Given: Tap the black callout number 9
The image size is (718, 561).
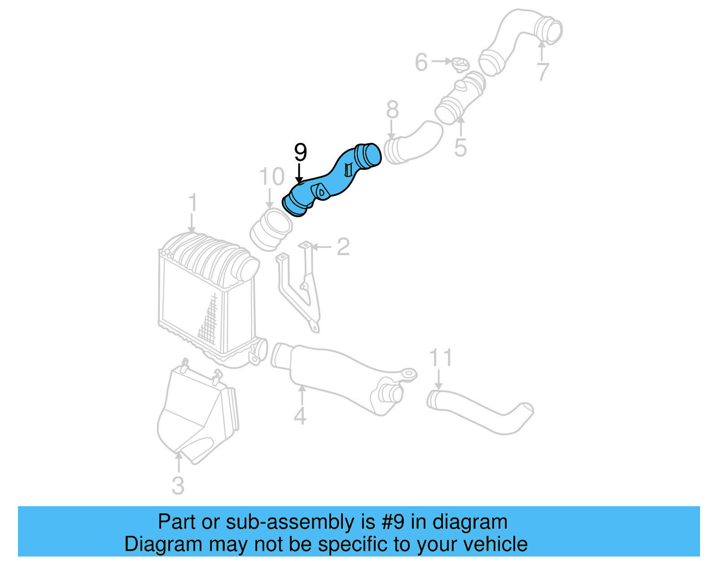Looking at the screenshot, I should [x=300, y=153].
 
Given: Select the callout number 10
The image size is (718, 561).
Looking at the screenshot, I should [x=272, y=177].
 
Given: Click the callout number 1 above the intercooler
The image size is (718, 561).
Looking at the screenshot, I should [x=193, y=203].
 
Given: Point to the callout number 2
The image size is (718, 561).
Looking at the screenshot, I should [x=343, y=247].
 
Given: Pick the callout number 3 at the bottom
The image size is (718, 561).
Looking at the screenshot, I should [x=178, y=486].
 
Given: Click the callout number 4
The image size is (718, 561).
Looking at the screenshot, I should [x=300, y=415].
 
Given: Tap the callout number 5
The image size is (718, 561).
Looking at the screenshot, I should [x=460, y=147].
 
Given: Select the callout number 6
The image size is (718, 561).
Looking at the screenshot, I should [x=421, y=62].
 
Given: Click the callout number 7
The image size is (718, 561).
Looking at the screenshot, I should [x=543, y=72].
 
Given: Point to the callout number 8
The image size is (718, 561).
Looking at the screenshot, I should [x=392, y=110].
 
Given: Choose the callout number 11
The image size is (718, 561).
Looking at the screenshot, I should [x=440, y=358].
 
